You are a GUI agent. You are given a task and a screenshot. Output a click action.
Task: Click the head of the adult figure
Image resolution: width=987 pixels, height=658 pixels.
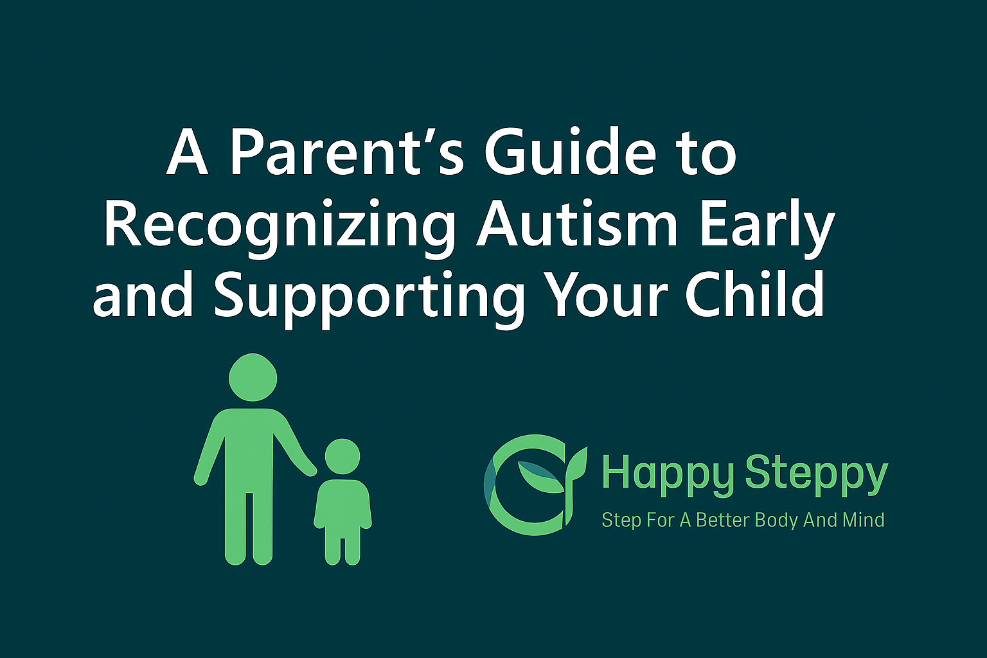(253, 377)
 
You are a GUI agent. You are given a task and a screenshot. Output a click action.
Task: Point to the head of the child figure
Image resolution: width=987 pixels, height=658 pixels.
(342, 456)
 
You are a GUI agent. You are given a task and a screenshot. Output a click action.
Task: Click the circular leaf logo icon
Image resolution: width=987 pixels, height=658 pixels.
(535, 485)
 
